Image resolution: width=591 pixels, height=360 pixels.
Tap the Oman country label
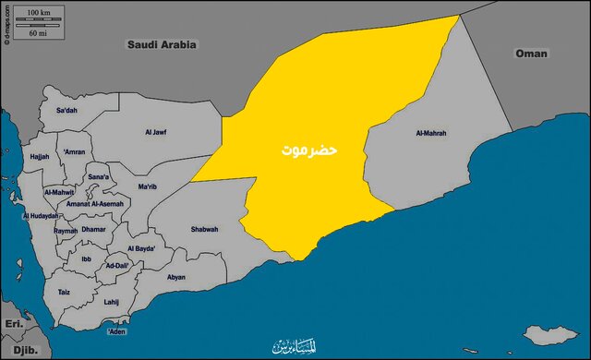point(531,54)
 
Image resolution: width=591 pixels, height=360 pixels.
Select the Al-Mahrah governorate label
point(431,133)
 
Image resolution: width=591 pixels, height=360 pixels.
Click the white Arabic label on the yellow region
point(310,149)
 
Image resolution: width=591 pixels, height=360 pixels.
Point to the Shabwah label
point(204,229)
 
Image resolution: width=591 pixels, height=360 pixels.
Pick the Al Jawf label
point(156,133)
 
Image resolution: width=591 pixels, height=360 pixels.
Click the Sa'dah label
point(66,111)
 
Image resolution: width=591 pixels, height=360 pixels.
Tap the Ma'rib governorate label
point(147,186)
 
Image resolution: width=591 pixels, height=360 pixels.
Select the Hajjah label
point(40,157)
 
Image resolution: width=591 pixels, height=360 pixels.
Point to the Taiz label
point(64,292)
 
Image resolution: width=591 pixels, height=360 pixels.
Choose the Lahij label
point(112,301)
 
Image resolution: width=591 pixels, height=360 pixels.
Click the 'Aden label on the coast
point(116,330)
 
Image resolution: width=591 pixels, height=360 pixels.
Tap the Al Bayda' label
point(141,248)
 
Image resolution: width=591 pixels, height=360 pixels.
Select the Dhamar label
point(93,228)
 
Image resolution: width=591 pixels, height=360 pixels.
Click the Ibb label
point(85,260)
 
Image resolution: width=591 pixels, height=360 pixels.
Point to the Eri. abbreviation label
point(13,324)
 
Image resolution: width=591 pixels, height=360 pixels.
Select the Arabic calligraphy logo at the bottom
point(293,346)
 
